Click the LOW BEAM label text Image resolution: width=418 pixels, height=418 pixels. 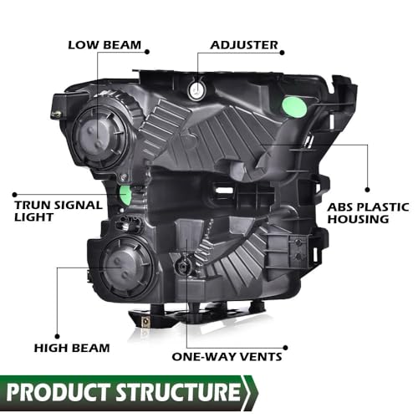point(104,45)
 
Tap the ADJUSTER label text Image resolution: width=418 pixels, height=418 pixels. point(244,45)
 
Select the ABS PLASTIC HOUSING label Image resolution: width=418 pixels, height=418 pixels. point(369,213)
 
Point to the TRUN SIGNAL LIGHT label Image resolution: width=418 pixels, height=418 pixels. point(59,211)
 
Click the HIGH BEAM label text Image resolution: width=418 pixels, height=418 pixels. point(72,348)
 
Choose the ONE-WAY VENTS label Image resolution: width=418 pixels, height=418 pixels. point(227,357)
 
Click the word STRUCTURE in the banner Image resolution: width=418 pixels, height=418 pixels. point(178,392)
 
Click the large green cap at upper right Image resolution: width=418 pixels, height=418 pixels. point(294,108)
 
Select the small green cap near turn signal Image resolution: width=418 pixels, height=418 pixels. point(125,195)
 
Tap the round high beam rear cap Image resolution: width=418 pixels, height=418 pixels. point(126,268)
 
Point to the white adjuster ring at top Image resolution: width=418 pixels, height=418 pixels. point(197,90)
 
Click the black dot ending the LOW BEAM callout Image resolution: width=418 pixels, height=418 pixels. point(147,52)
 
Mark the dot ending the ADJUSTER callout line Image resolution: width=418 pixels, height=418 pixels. point(282,53)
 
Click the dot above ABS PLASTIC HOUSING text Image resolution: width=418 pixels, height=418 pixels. point(367,190)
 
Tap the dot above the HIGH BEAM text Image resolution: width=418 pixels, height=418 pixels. point(57,337)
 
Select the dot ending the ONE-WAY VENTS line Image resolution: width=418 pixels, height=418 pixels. point(285,348)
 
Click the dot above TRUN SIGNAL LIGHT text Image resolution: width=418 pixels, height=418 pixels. point(15,195)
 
